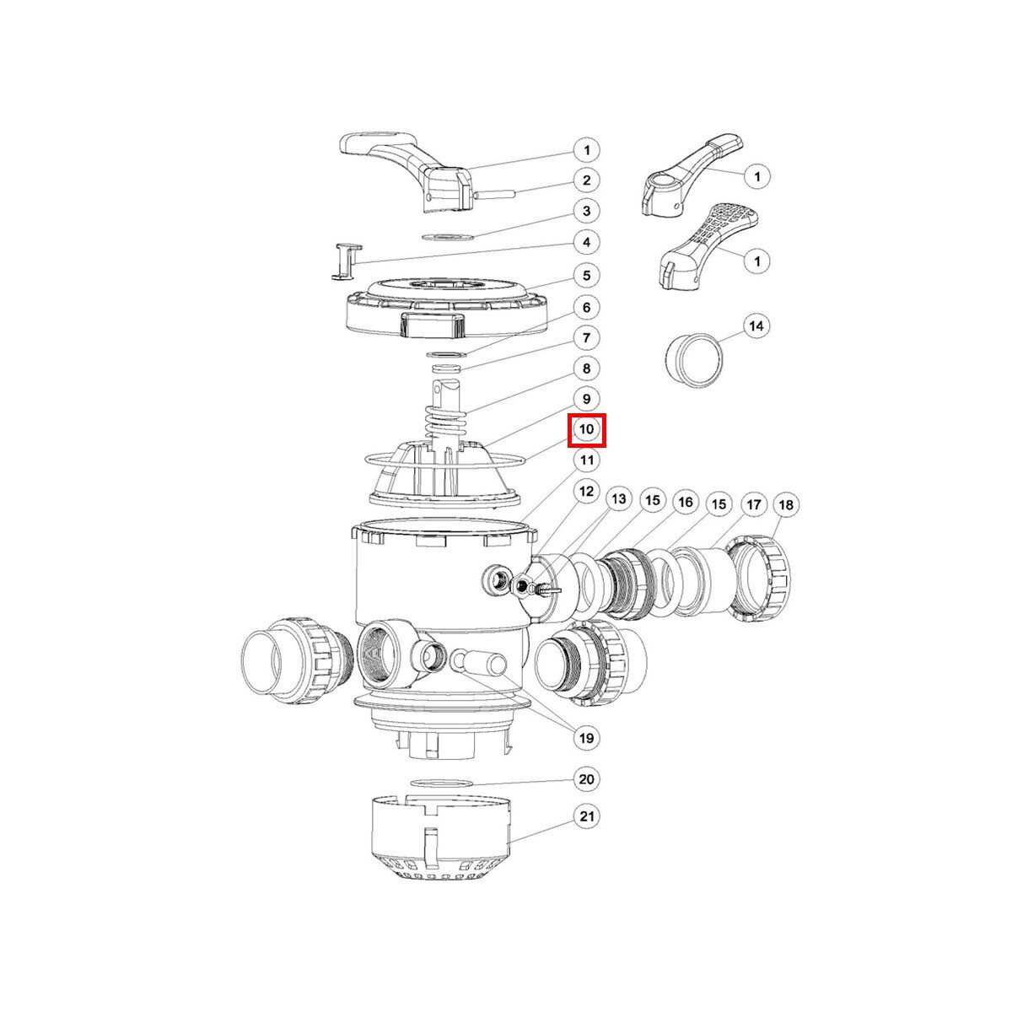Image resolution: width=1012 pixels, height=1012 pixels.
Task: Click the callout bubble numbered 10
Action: click(x=587, y=429)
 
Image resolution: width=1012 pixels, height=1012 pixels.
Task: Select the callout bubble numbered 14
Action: click(x=756, y=326)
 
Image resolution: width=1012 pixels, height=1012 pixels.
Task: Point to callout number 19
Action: click(x=587, y=738)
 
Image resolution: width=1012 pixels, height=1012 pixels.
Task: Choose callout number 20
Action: click(x=587, y=778)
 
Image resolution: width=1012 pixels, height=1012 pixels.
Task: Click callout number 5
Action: click(x=587, y=276)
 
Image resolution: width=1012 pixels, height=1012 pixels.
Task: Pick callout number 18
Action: click(x=786, y=505)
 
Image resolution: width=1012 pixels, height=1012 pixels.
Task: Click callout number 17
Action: click(x=754, y=505)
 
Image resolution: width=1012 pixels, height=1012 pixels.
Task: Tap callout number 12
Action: click(x=587, y=492)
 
